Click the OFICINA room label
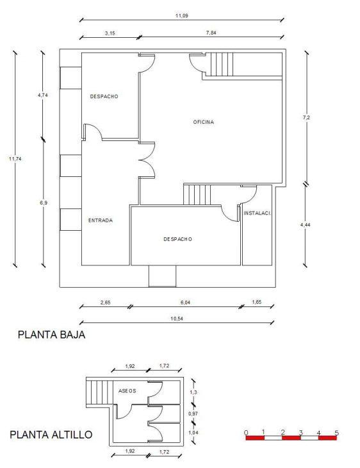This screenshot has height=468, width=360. coord(204,122)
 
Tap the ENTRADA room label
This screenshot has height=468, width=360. coord(101,221)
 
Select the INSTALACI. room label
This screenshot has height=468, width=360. coord(258,213)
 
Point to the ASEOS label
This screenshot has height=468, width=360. coord(127,390)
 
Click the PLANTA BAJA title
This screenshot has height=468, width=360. coord(52,335)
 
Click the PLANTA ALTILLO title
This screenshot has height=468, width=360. coord(51,435)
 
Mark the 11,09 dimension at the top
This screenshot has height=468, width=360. coord(182,15)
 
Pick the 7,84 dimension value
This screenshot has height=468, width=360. coord(211,33)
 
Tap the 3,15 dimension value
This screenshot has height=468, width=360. coord(110,33)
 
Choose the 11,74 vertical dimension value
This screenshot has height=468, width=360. coord(15,159)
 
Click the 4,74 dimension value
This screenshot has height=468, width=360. coord(43,96)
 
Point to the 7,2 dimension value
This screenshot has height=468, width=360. coord(306,117)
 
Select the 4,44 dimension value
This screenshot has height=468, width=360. coord(306,224)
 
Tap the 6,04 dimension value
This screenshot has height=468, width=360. coord(185,303)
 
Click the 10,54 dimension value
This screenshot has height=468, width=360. coord(177,319)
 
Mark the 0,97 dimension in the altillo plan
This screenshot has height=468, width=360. coord(193,414)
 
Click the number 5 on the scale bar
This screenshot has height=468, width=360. coord(337,433)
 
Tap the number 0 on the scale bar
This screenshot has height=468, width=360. coord(246,433)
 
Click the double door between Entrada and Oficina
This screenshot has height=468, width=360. coord(147,160)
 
